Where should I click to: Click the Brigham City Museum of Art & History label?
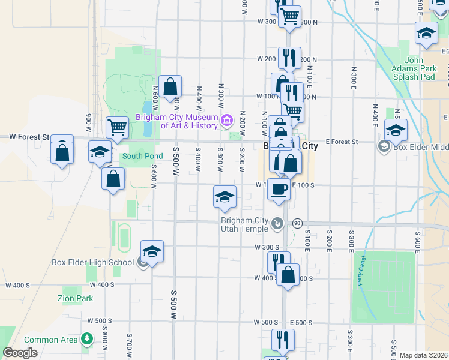coord(177,121)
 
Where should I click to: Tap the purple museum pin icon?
coord(227,121)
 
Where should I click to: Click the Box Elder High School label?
coord(92,262)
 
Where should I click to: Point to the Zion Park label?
coord(75,298)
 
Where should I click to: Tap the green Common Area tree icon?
coord(88,339)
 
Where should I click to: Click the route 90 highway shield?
coord(297,223)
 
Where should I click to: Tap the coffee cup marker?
coord(279,189)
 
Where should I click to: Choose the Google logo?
coord(20,353)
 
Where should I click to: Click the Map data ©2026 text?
coord(424,355)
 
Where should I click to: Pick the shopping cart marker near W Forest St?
coord(117,127)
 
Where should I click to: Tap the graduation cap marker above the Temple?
coord(224,197)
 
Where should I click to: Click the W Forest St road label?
coord(29,137)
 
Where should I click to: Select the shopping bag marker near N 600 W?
coord(170,86)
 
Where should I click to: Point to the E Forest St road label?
coord(342,142)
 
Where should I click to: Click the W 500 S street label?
coord(265,322)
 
